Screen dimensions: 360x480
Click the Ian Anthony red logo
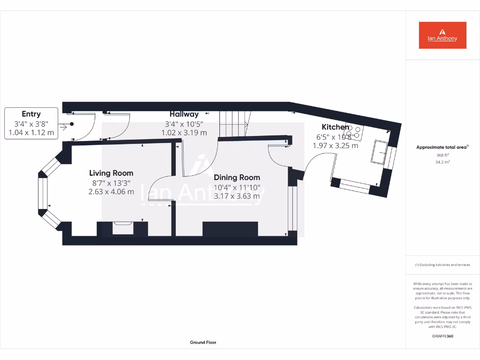(x=442, y=35)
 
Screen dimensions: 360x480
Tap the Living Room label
(x=111, y=173)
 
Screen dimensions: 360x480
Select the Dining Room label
(x=237, y=178)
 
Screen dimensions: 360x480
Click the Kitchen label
(x=335, y=127)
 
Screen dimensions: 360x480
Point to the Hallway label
(x=184, y=114)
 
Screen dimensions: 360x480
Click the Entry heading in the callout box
(x=31, y=114)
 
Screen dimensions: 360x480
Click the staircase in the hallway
(x=233, y=124)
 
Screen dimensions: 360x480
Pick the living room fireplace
(x=123, y=228)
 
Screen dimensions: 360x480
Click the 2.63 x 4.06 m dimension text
(x=111, y=191)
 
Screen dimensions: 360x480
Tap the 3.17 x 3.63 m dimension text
(x=237, y=196)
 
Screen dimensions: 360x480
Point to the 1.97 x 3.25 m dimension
(x=335, y=145)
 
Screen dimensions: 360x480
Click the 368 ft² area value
(x=442, y=155)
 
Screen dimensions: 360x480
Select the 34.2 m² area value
(x=442, y=163)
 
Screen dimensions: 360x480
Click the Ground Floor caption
(x=203, y=343)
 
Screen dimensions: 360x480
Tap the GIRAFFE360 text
(x=442, y=336)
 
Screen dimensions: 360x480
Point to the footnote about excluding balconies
(x=442, y=265)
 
